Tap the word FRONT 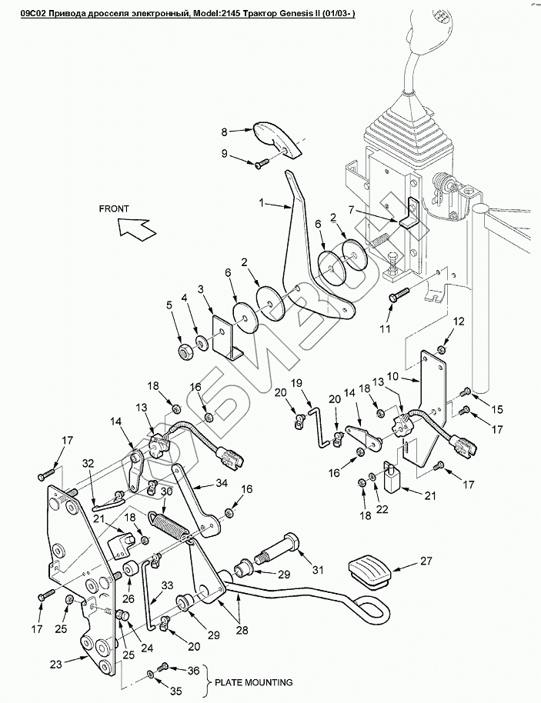[114, 208]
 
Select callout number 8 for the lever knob [225, 131]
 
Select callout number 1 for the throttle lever [262, 204]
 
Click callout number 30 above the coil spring [166, 491]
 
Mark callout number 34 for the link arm [222, 482]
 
